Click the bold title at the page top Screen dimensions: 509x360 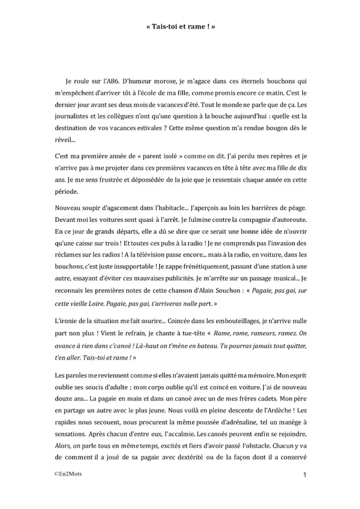click(x=180, y=26)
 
